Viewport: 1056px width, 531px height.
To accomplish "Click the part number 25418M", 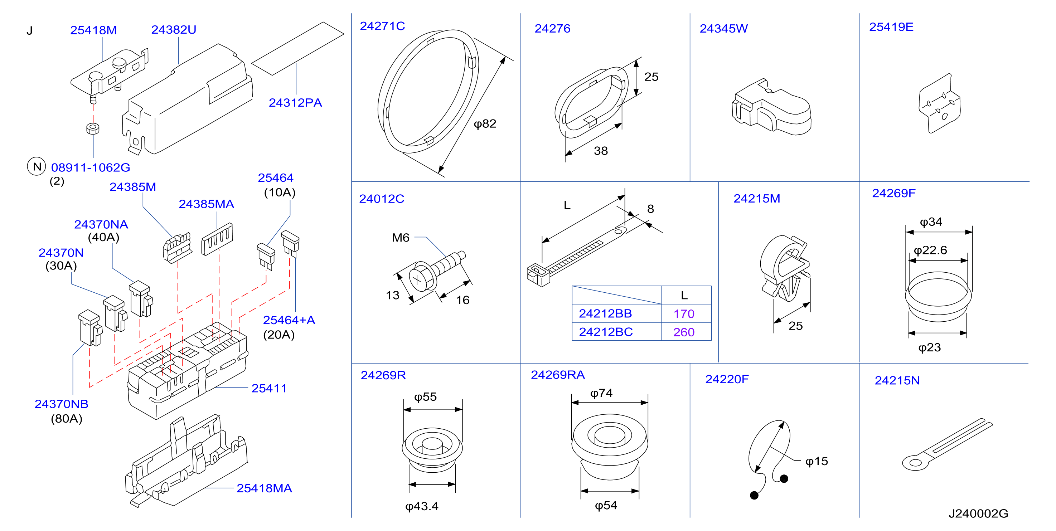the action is (93, 30).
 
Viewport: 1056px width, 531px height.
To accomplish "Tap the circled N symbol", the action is (37, 166).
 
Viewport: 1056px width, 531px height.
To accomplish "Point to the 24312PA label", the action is (295, 103).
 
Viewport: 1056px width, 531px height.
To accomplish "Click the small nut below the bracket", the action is (93, 128).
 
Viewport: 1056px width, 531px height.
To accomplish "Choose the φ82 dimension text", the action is (485, 124).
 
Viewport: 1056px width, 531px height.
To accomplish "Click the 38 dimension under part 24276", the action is (601, 151).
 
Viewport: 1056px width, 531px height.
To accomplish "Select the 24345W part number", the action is (723, 29).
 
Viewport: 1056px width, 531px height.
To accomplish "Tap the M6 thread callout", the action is (401, 238).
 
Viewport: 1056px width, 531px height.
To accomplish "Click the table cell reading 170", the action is (684, 314).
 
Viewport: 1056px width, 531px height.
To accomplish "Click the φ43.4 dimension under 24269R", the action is (422, 506).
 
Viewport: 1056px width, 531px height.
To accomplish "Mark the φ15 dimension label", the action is (817, 461).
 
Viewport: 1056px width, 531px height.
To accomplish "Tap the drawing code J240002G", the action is (978, 513).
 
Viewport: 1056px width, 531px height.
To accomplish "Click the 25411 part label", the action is (269, 389).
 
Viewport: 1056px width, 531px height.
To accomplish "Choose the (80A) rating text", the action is (67, 419).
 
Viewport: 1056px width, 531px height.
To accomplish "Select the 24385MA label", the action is (206, 204).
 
